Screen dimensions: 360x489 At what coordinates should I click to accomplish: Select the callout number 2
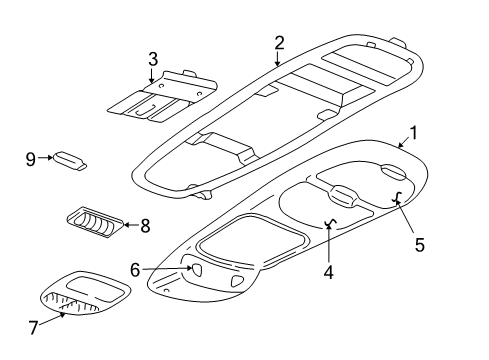click(279, 42)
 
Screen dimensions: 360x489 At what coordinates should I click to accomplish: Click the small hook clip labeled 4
click(329, 223)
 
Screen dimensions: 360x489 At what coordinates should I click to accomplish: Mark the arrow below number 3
click(152, 73)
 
